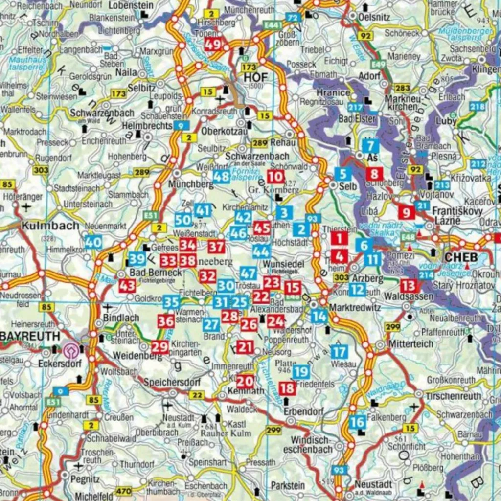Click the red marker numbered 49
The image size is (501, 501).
click(213, 45)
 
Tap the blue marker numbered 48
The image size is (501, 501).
click(221, 177)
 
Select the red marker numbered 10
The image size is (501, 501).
click(276, 177)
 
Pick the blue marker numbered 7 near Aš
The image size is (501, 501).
click(370, 146)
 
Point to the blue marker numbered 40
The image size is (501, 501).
click(93, 242)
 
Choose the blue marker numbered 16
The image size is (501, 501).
click(358, 422)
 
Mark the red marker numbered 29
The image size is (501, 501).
click(159, 347)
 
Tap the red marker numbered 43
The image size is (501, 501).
click(127, 286)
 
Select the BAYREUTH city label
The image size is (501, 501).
click(29, 337)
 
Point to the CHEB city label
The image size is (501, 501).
click(460, 258)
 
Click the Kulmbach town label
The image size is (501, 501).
click(50, 226)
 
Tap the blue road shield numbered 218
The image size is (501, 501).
click(477, 107)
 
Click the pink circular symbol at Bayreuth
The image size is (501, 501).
click(70, 350)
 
